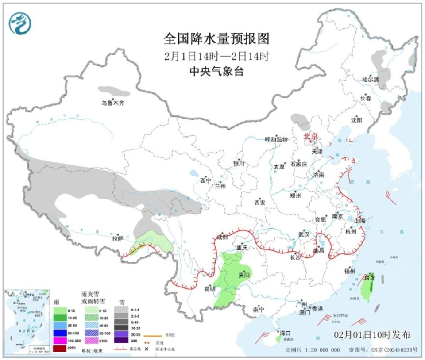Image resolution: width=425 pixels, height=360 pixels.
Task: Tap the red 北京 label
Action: click(x=311, y=137)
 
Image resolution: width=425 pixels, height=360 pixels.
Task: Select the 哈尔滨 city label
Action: click(x=371, y=80)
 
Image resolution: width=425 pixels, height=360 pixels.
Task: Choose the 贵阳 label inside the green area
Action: click(x=244, y=275)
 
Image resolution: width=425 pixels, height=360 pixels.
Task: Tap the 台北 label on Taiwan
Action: click(x=369, y=278)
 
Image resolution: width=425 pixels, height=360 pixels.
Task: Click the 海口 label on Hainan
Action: click(x=285, y=332)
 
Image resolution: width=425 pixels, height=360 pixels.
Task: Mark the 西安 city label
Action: click(x=259, y=203)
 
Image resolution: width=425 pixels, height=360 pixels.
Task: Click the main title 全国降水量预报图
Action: click(x=216, y=39)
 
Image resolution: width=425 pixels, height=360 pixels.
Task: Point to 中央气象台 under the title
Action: click(x=216, y=72)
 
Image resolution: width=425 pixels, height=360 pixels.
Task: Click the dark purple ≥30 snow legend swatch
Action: click(x=121, y=341)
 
